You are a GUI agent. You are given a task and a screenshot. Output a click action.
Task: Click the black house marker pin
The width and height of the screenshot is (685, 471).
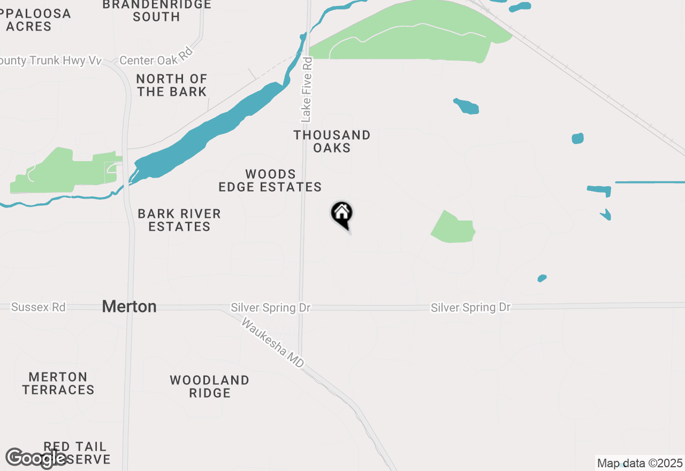(342, 214)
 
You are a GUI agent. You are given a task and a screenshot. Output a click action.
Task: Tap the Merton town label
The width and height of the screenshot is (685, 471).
(129, 307)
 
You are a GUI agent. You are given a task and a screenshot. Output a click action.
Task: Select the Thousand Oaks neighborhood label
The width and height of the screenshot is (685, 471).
(332, 141)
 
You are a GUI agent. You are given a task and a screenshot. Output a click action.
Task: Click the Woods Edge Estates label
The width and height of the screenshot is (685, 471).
(270, 181)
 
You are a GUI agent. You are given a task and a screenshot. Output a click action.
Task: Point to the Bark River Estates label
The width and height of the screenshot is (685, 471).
(179, 220)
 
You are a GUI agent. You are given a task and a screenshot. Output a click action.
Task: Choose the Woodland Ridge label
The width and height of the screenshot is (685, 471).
(210, 386)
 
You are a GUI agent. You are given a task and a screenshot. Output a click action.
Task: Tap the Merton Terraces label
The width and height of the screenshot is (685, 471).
(58, 383)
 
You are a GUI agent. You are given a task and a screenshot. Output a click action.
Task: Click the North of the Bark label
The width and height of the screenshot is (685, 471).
(172, 86)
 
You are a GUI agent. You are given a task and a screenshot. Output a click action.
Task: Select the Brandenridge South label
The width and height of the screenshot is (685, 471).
(156, 11)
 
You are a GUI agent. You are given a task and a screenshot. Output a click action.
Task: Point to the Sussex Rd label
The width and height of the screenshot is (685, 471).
(38, 307)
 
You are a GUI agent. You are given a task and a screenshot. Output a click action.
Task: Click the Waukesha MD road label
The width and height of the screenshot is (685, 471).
(272, 343)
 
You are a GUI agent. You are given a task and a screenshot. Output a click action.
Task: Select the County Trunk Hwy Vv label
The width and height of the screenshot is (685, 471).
(51, 60)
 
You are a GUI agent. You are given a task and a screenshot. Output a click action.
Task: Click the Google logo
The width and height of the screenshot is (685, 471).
(36, 458)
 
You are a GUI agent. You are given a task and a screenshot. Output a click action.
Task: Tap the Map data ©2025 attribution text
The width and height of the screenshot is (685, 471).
(640, 463)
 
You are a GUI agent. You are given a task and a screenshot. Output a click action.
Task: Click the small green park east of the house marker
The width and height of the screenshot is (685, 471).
(454, 229)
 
